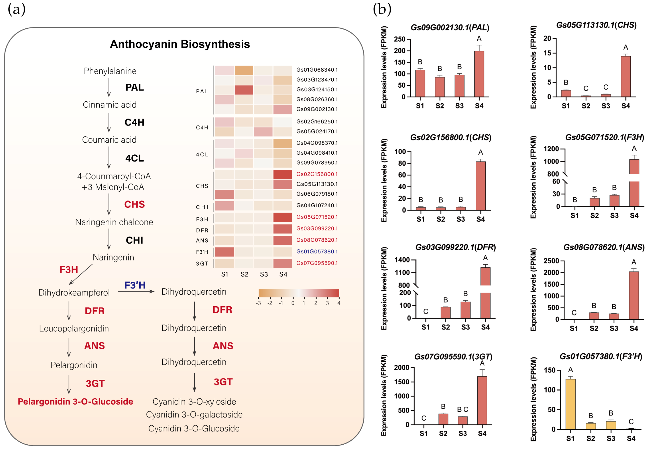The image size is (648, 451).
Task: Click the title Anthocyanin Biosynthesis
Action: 180,44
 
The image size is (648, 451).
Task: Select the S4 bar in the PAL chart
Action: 479,74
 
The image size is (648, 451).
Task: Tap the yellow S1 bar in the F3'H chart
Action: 570,404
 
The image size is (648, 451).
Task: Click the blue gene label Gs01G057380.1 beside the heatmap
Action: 317,252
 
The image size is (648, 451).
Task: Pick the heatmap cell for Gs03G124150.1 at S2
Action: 244,90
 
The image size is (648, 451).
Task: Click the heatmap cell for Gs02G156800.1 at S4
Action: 282,174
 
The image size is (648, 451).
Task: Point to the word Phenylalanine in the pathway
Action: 110,71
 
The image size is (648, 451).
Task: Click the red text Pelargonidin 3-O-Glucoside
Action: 75,401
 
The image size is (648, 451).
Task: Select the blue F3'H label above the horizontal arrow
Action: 135,285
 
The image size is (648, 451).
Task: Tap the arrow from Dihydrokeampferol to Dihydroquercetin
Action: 136,291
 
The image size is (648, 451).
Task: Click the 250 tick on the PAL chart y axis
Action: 400,39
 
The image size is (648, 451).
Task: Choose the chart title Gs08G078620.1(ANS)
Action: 604,247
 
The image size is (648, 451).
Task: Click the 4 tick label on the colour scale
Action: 339,303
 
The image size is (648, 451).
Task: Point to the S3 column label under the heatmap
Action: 264,274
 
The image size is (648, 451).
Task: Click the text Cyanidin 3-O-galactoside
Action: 194,414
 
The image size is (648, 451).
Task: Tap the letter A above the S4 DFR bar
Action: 485,258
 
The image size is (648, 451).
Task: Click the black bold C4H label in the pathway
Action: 134,122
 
